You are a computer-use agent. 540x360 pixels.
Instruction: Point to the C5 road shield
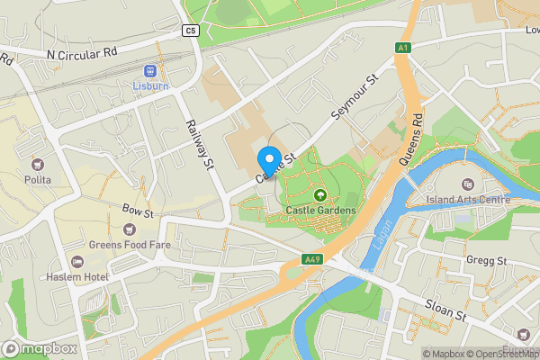pos(190,31)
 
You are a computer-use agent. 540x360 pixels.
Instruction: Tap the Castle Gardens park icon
pos(319,195)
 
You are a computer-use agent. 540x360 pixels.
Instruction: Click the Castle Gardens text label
pos(320,211)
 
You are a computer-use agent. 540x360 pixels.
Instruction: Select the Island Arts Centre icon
pos(467,160)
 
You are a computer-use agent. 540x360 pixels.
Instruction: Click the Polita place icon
pos(38,164)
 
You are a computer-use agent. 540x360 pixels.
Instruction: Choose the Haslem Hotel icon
pos(77,261)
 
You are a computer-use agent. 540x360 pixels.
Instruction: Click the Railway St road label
pos(199,144)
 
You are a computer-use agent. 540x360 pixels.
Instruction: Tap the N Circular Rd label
pos(83,54)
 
